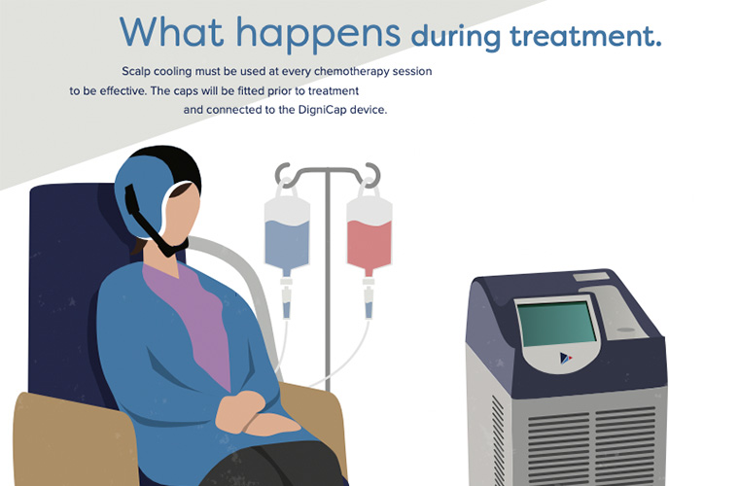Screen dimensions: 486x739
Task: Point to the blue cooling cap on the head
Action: [142, 189]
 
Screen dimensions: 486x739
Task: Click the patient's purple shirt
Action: [194, 311]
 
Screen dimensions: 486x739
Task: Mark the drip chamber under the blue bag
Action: [288, 302]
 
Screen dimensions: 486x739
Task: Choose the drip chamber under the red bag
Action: [369, 302]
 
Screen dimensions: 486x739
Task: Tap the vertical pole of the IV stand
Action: [328, 292]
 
